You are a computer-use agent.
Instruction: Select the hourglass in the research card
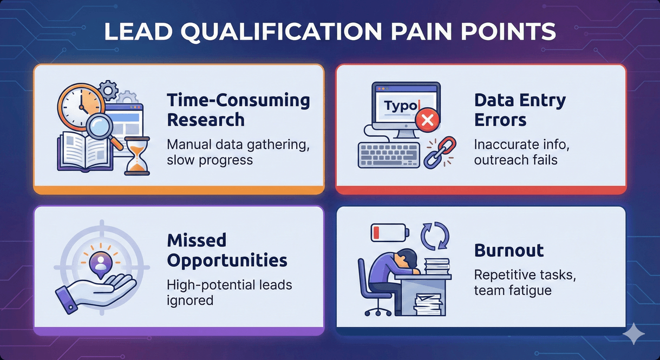pyautogui.click(x=137, y=155)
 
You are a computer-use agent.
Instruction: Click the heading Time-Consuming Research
pyautogui.click(x=238, y=109)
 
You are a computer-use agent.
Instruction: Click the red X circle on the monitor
pyautogui.click(x=426, y=121)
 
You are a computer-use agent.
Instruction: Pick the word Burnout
pyautogui.click(x=509, y=250)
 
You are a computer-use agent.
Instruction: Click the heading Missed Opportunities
pyautogui.click(x=227, y=250)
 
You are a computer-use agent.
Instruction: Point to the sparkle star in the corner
pyautogui.click(x=632, y=334)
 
